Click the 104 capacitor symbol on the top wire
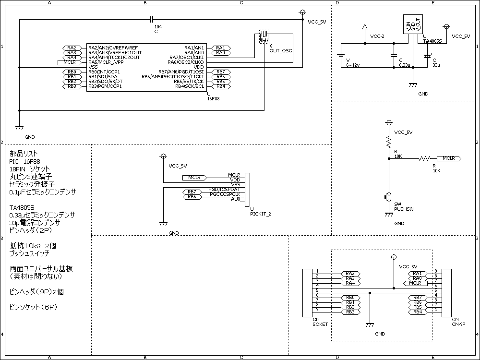[x=151, y=20]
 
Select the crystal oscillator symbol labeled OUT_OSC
[x=264, y=36]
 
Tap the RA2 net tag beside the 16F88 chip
[x=72, y=48]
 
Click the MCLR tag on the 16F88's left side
[x=70, y=62]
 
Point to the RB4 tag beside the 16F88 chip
[x=221, y=86]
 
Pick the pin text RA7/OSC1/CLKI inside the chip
[x=186, y=58]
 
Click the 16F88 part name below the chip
[x=214, y=99]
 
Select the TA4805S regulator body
[x=413, y=24]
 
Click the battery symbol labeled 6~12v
[x=341, y=55]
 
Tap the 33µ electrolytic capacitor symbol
[x=427, y=56]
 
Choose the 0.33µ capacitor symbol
[x=394, y=56]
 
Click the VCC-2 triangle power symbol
[x=365, y=27]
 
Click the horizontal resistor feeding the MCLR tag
[x=425, y=158]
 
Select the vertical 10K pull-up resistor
[x=389, y=143]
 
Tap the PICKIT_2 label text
[x=261, y=214]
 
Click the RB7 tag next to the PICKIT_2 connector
[x=192, y=192]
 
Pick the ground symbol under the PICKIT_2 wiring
[x=164, y=224]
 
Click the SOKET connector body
[x=307, y=293]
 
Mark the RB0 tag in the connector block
[x=350, y=298]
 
